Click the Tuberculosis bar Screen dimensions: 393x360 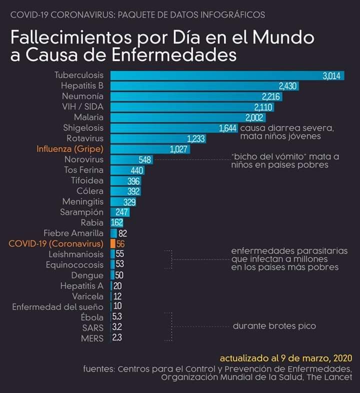tap(215, 75)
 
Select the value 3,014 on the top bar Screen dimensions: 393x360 tap(331, 76)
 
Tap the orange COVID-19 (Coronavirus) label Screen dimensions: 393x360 tap(56, 243)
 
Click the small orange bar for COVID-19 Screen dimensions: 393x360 tap(113, 243)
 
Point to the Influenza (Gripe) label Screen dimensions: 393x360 tap(70, 149)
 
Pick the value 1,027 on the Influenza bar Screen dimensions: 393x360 tap(180, 149)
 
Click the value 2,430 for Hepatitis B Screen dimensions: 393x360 tap(288, 86)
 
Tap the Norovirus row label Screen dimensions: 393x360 tap(84, 159)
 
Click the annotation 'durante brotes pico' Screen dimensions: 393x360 tap(274, 326)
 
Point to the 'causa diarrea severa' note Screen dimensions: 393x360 tap(287, 128)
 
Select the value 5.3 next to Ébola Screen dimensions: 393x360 tap(117, 317)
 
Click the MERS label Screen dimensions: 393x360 tap(92, 338)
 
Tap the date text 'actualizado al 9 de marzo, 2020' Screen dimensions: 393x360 tap(285, 358)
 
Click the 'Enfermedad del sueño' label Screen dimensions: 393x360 tap(58, 307)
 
